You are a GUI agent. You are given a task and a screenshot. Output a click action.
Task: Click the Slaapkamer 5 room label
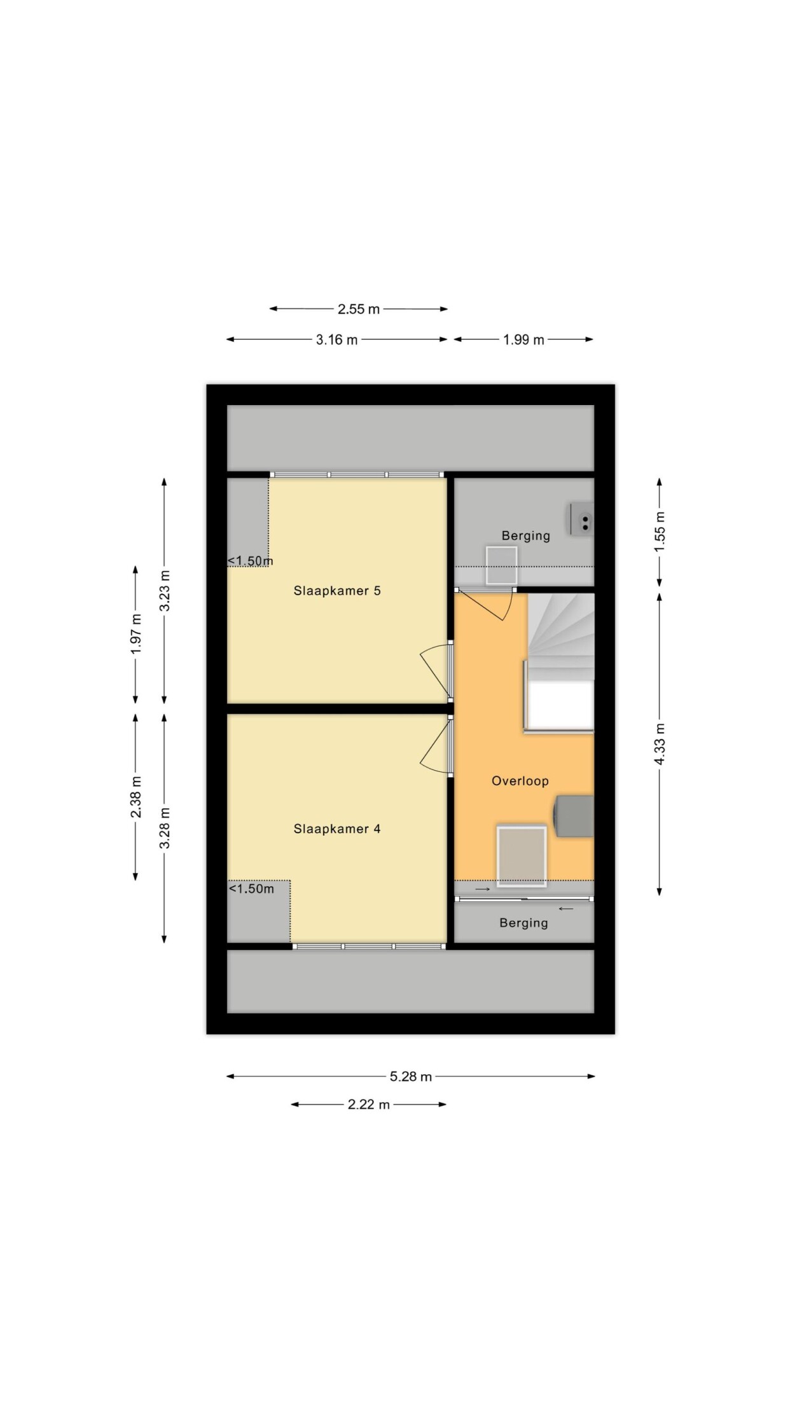point(337,591)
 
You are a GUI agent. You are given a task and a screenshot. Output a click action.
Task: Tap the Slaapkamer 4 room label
point(337,829)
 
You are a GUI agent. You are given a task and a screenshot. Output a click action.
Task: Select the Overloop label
point(520,781)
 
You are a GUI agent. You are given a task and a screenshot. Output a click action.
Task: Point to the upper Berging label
point(526,535)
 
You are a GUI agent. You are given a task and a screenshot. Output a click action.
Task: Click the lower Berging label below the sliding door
point(523,923)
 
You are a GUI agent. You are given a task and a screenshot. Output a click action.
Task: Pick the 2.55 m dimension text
point(359,309)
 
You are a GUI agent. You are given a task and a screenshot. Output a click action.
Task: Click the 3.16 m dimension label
point(337,340)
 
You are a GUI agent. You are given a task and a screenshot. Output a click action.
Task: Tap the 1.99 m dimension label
point(523,340)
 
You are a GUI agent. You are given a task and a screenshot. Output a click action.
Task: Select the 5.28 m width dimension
point(411,1077)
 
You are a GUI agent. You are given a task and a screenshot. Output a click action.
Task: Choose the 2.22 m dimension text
point(369,1105)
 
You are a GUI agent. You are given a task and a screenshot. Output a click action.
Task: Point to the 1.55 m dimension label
point(660,532)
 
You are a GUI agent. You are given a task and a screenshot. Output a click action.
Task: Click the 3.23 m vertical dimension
point(165,591)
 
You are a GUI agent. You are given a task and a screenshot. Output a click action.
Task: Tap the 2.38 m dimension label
point(136,797)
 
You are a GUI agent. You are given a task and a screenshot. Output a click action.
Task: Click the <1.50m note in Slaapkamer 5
point(251,561)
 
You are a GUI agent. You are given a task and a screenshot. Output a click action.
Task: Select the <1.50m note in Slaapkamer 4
point(251,889)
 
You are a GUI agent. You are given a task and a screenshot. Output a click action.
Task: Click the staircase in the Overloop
point(560,661)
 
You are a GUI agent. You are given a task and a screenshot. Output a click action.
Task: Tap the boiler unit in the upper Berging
point(582,520)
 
